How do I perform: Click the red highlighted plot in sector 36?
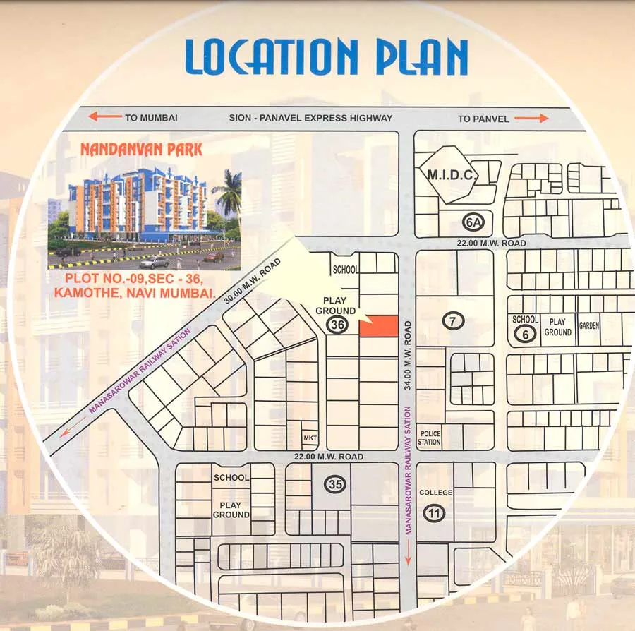(x=379, y=327)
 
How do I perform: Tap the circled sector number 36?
(x=337, y=325)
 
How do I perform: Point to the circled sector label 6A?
(x=473, y=223)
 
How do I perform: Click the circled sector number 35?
(x=334, y=485)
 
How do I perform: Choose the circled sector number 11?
(x=433, y=514)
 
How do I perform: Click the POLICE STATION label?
(x=430, y=438)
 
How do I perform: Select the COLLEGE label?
(x=435, y=492)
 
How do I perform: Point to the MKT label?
(x=310, y=439)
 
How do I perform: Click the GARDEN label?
(x=589, y=326)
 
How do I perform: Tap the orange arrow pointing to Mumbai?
(x=104, y=117)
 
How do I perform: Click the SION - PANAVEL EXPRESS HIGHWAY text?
(x=310, y=118)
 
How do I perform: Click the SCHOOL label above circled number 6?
(x=525, y=320)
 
